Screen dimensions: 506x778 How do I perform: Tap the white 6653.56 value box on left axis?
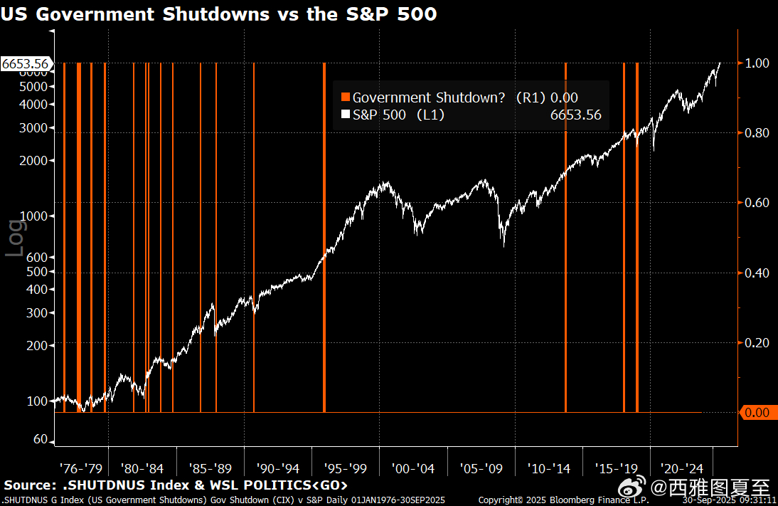(26, 64)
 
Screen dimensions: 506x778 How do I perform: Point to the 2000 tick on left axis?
(36, 161)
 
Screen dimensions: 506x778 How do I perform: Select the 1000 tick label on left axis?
(36, 216)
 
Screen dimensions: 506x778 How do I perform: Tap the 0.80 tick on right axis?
(757, 132)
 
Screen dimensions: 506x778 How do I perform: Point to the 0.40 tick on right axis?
(757, 273)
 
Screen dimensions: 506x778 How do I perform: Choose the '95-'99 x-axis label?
(345, 468)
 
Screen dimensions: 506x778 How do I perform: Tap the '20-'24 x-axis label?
(682, 468)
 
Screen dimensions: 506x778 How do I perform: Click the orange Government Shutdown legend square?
(346, 97)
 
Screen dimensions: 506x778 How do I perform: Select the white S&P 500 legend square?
(346, 115)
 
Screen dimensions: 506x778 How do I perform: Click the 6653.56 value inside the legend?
(575, 115)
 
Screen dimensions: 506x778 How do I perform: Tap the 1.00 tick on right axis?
(757, 63)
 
